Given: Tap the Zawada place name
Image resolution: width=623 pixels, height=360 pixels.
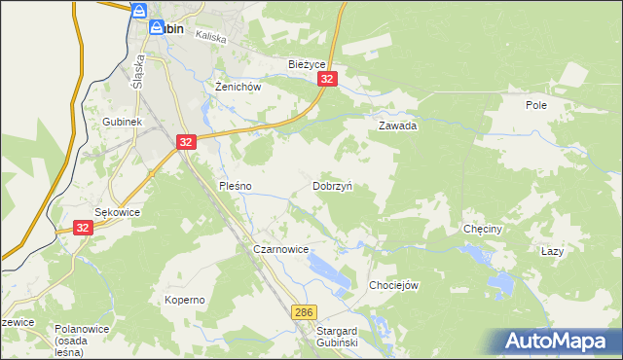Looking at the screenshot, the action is pos(397,126).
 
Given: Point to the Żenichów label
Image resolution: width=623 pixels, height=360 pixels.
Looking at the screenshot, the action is pos(238,87).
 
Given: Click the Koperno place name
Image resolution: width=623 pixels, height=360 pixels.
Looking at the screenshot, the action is pos(184,300).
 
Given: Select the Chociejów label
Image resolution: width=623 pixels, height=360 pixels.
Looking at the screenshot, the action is pos(393,285).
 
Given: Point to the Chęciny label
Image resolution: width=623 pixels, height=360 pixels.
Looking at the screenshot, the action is pos(482,230).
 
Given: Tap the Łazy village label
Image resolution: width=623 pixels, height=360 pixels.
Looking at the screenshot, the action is pos(552,251).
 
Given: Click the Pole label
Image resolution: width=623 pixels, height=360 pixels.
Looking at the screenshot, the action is pos(536,105).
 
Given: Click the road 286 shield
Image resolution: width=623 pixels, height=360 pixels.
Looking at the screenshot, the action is pos(304,311).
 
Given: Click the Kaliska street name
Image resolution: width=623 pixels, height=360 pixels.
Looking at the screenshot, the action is pos(210,37).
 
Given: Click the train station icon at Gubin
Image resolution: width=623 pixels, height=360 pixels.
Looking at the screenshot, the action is pos(139,12).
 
